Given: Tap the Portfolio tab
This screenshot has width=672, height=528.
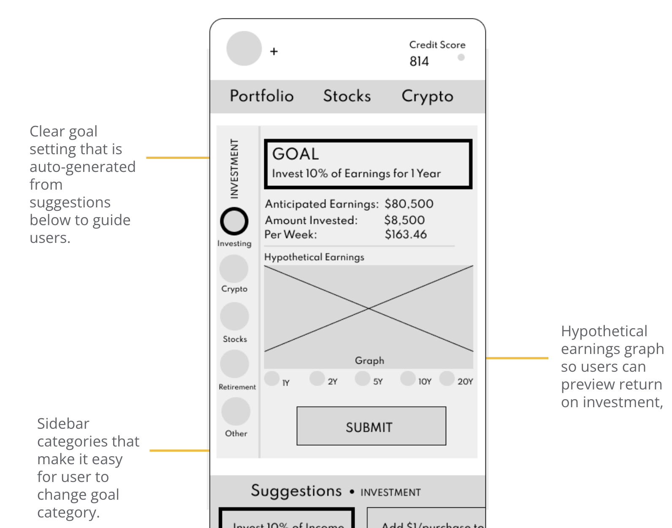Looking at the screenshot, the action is [262, 96].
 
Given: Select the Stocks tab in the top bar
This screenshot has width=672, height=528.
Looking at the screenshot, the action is [347, 96].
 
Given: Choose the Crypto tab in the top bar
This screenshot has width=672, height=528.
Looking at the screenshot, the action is [427, 96].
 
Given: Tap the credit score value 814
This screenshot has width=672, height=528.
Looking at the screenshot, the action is [419, 62].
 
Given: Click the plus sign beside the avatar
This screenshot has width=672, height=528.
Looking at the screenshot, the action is [274, 52].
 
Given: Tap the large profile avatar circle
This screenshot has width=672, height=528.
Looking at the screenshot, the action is [244, 49].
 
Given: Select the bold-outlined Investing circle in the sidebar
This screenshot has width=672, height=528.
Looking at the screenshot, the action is [234, 221].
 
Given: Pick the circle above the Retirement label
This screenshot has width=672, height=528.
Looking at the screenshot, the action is [234, 364].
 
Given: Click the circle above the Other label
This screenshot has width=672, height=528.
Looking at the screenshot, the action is [236, 411].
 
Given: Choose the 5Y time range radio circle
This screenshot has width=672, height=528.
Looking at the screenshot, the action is [362, 378].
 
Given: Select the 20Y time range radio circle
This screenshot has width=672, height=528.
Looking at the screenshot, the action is [447, 378].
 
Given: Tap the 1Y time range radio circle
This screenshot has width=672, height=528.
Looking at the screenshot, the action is [272, 378].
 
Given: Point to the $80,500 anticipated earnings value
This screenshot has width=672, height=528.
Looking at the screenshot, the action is [409, 204].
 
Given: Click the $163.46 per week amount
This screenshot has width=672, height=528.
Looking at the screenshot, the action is [406, 234].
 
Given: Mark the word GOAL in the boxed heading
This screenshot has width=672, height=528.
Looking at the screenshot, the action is [295, 154].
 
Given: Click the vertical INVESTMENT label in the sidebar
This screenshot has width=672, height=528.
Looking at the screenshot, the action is [234, 169].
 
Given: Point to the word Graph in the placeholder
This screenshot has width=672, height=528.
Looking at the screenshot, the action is [369, 361].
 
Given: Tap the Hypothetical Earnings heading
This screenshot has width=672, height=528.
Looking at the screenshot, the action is [314, 257].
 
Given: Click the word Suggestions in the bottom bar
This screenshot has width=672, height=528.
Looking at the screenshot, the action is [296, 491].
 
